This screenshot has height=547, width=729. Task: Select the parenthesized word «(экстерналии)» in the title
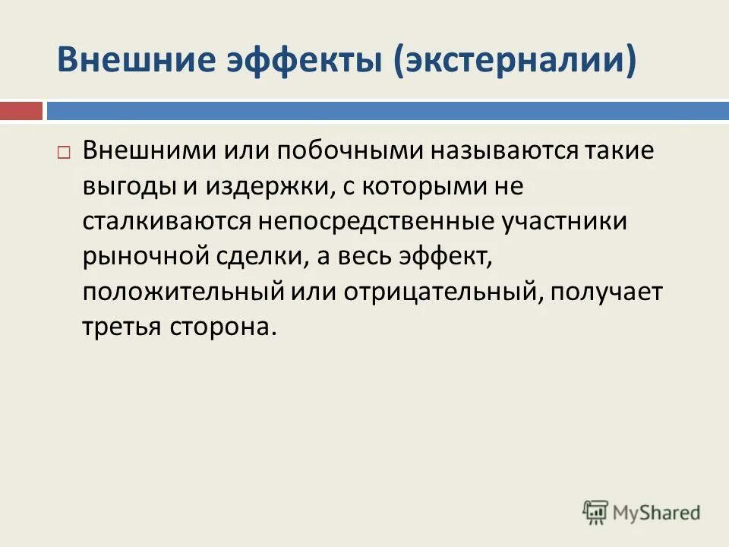point(514,59)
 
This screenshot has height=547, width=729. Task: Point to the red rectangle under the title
point(21,111)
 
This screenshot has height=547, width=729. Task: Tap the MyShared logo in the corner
point(642,512)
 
